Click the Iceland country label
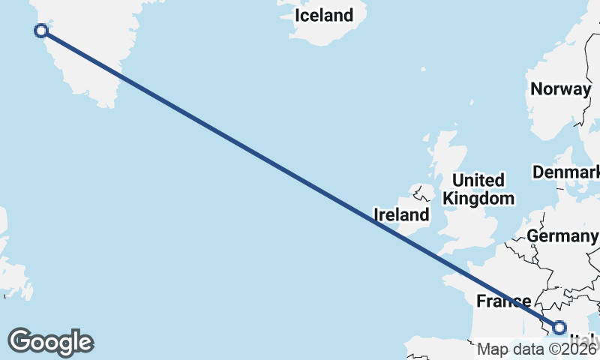pos(323,15)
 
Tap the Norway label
pos(560,88)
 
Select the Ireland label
pos(402,215)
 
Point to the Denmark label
pos(566,172)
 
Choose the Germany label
pos(562,236)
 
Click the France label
pos(504,301)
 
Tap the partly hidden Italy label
pos(586,339)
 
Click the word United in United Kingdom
pos(478,181)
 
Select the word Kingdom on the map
pos(478,199)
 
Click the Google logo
pos(50,342)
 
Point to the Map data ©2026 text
pos(537,349)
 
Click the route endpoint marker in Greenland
pos(41,31)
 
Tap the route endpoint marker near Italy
pos(559,327)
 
